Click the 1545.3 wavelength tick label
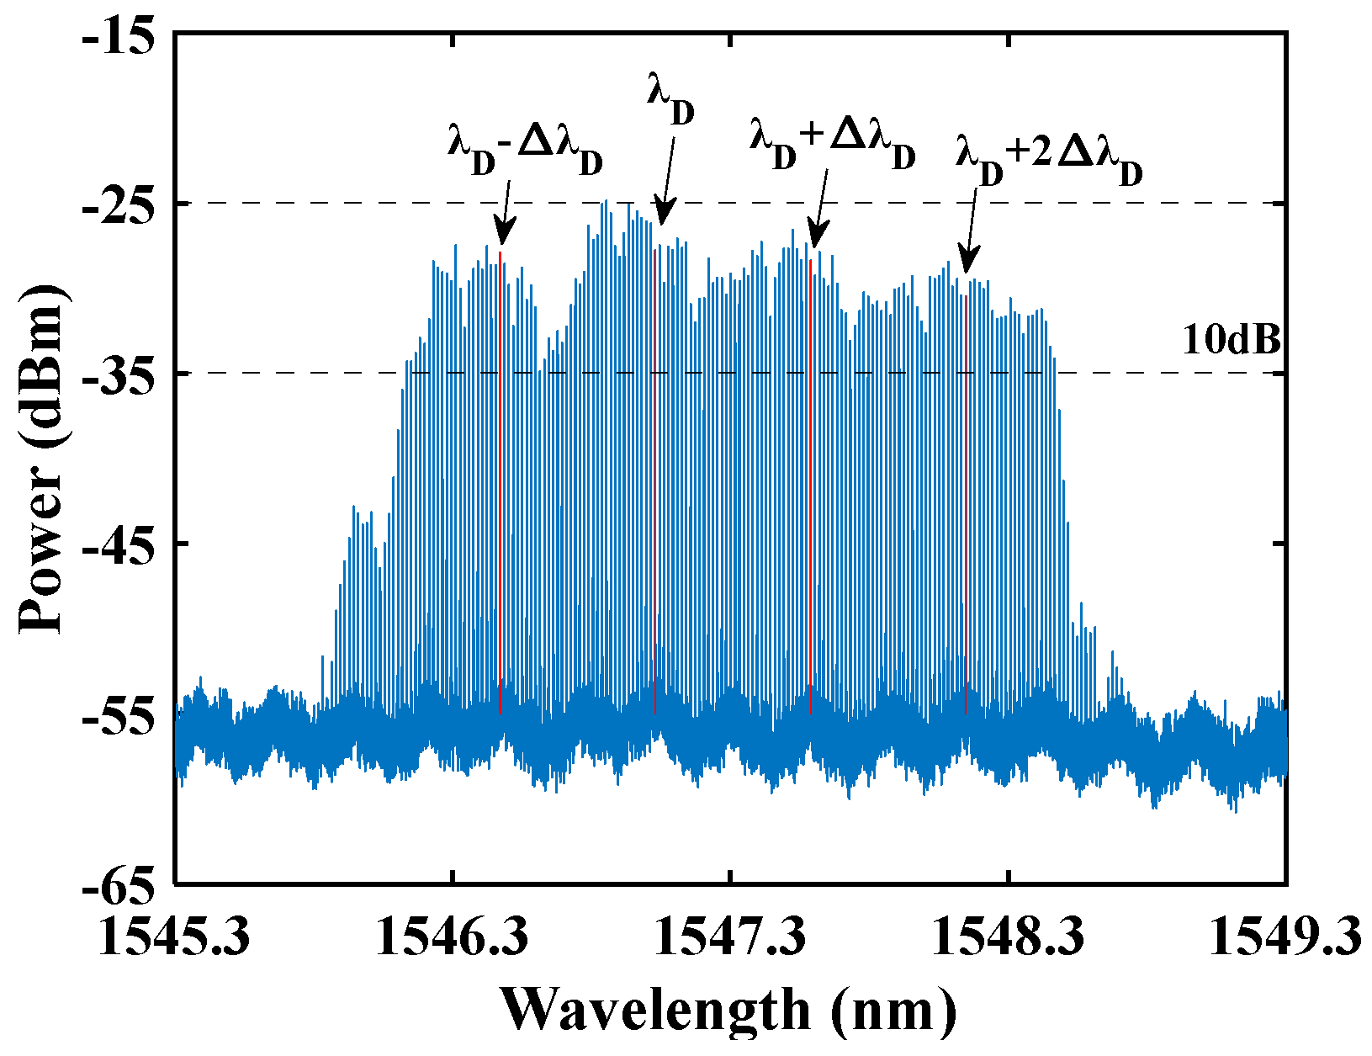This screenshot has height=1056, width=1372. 175,937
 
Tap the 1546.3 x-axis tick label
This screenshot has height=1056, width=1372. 453,937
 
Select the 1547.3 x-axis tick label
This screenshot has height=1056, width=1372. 730,937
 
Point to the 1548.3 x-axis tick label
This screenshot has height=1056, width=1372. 1008,937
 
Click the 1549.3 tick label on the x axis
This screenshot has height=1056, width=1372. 1285,937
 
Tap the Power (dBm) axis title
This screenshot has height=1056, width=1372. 42,459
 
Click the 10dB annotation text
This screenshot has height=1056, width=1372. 1232,341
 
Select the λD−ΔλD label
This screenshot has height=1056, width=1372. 525,152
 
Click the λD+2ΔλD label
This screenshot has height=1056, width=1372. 1050,163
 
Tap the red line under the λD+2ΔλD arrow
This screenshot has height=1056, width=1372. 966,505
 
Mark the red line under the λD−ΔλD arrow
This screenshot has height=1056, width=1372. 501,480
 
